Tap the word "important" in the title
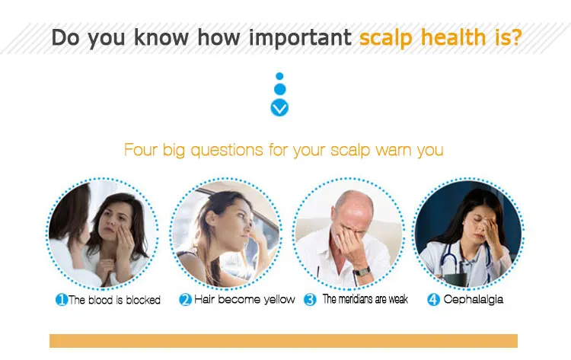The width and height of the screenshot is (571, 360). tap(301, 37)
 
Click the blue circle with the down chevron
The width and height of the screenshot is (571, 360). tap(279, 108)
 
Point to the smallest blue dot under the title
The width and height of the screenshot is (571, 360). tap(279, 76)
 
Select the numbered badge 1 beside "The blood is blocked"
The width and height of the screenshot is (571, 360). tap(62, 300)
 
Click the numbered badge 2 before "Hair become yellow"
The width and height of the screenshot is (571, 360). tap(185, 300)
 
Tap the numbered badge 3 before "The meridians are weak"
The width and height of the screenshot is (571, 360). tap(310, 300)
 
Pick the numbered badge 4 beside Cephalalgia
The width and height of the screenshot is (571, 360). tap(433, 300)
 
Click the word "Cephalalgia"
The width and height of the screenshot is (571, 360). tap(474, 300)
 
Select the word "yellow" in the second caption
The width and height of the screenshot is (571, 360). tap(279, 300)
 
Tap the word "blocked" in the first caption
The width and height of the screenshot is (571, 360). tap(143, 300)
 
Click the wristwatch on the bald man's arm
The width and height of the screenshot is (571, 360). tap(361, 272)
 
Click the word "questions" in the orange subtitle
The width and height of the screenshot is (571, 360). tap(227, 151)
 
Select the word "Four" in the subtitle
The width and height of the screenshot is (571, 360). tap(141, 150)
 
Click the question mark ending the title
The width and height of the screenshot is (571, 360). tap(515, 37)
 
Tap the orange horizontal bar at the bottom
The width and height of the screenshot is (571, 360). tap(283, 341)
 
